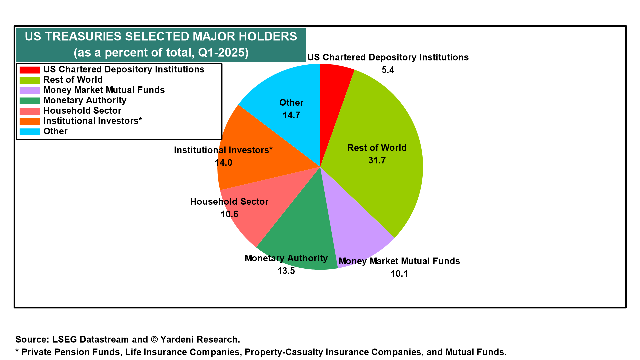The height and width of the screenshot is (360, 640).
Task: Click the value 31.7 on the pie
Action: pyautogui.click(x=377, y=160)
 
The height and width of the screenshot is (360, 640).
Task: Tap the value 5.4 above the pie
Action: pyautogui.click(x=388, y=70)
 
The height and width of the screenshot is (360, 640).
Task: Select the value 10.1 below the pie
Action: pyautogui.click(x=399, y=274)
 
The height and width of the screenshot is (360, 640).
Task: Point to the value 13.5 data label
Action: pyautogui.click(x=286, y=271)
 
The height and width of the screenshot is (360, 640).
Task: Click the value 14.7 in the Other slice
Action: pyautogui.click(x=291, y=115)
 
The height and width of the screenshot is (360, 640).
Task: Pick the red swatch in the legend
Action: pyautogui.click(x=30, y=70)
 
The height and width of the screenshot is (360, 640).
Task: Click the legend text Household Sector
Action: pyautogui.click(x=82, y=111)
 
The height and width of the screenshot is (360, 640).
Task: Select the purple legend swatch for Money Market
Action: pyautogui.click(x=30, y=90)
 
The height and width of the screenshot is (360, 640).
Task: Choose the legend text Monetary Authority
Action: pyautogui.click(x=85, y=100)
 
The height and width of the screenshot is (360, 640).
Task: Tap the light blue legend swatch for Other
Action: pyautogui.click(x=30, y=132)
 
